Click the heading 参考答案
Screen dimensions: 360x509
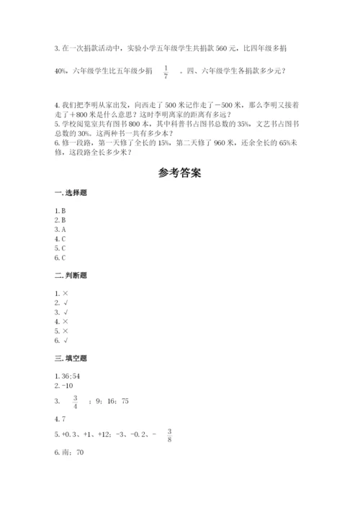(x=180, y=174)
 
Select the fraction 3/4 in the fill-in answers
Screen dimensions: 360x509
(x=75, y=400)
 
